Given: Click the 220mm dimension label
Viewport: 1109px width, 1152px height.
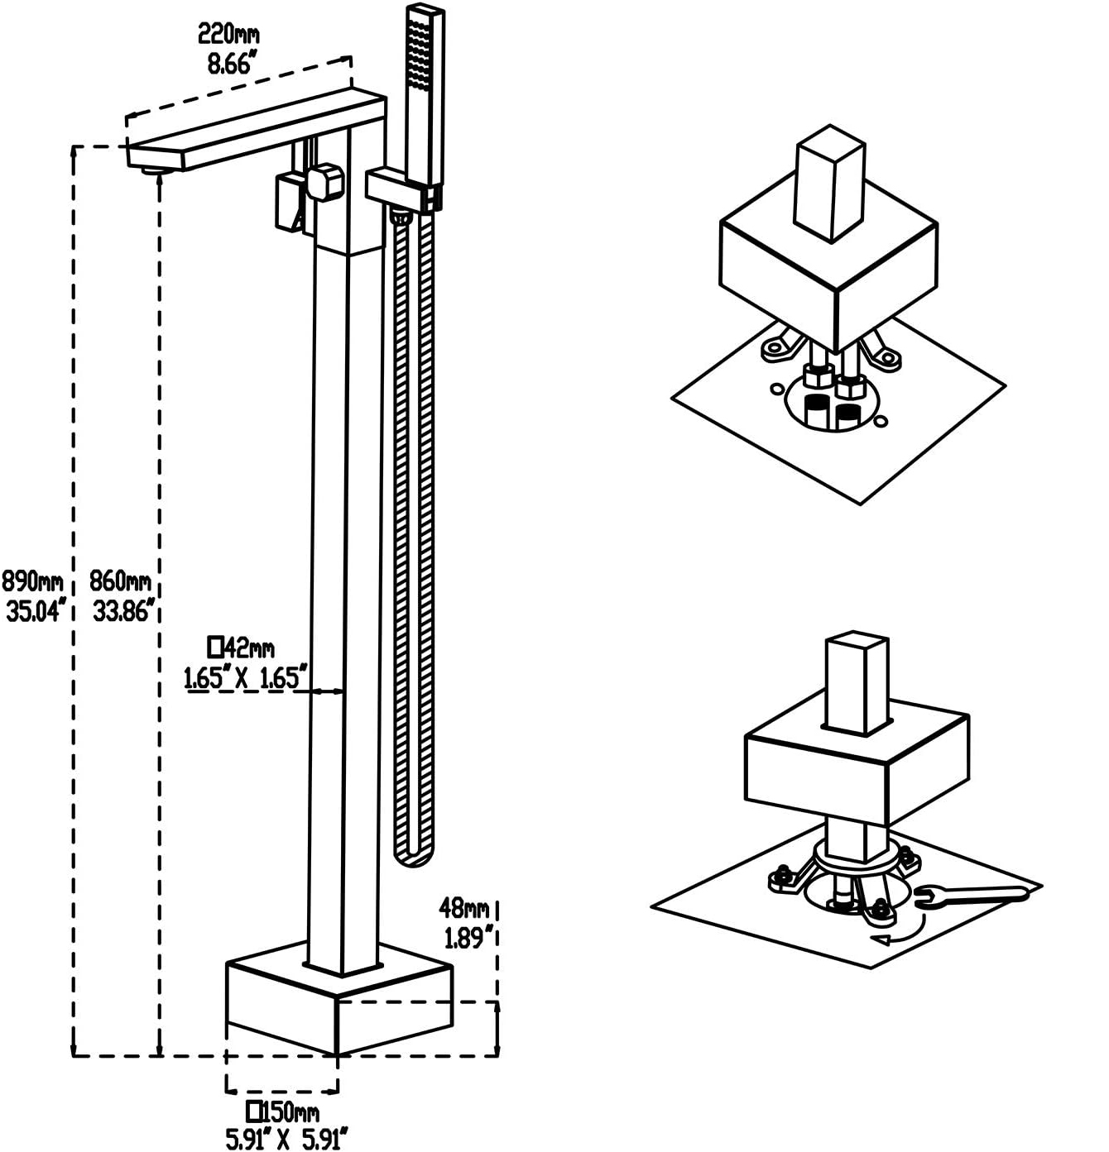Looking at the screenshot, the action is (x=228, y=35).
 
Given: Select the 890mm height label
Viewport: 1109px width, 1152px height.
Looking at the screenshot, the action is (x=32, y=582).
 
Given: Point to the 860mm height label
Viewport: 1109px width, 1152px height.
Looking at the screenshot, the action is (x=120, y=582).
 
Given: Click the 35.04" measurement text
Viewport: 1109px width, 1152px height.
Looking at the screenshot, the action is (x=35, y=610).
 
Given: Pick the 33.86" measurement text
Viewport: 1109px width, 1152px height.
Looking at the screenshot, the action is (x=125, y=610).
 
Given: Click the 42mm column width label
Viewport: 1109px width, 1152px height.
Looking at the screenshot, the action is (x=242, y=648).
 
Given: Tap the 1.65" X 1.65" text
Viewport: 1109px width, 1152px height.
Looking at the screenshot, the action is (x=245, y=677).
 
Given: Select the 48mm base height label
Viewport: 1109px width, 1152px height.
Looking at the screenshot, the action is (x=464, y=907).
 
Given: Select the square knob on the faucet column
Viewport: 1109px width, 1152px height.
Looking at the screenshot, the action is (x=324, y=182).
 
